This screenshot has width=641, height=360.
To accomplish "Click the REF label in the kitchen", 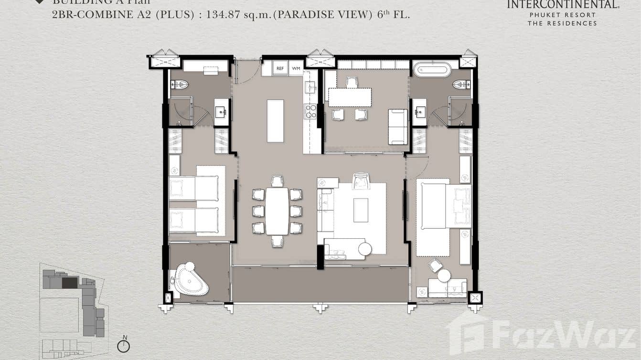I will tap(280, 69).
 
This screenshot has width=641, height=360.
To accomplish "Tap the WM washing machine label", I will tap(296, 69).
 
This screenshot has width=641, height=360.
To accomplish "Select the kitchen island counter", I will tap(275, 121).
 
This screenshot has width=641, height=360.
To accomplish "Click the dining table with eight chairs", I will tap(277, 211).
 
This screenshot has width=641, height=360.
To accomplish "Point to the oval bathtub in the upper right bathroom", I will tap(432, 70).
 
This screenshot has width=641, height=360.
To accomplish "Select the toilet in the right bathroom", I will tap(461, 85).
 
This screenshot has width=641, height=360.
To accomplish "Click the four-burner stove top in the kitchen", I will tap(311, 111).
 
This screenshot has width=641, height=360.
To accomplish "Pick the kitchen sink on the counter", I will tap(311, 87).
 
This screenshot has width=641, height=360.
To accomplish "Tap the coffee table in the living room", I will tap(361, 210).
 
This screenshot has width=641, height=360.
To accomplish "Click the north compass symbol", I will tap(124, 346).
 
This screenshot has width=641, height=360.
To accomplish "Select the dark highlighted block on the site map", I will tap(70, 283).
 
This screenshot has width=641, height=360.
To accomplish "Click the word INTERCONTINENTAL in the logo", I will tap(563, 5).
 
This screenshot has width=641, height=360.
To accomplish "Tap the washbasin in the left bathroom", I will tap(221, 113).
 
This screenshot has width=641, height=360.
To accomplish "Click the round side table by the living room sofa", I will tap(365, 249).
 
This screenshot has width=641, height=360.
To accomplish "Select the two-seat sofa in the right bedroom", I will tap(447, 287).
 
